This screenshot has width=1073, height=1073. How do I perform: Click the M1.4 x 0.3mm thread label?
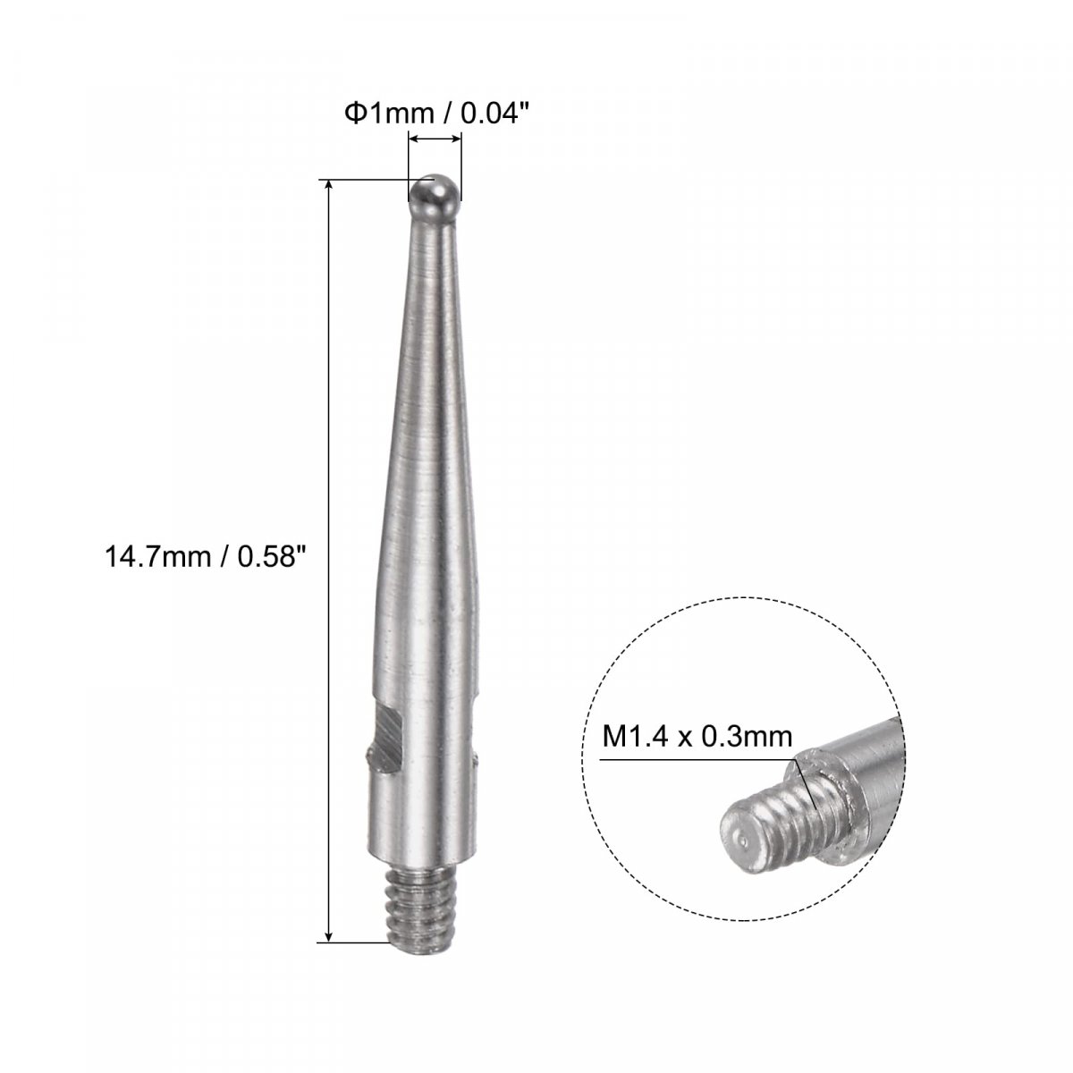[x=697, y=737]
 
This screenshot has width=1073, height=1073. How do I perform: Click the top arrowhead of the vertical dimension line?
[x=330, y=186]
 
